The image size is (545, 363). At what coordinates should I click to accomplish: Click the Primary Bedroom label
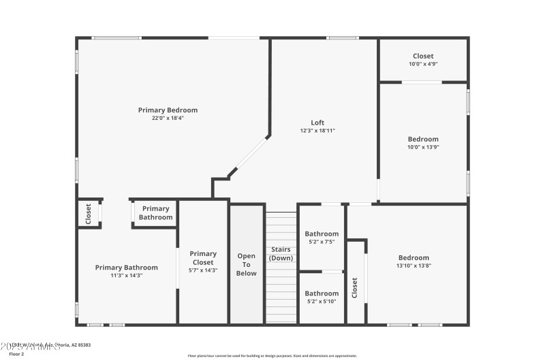168,110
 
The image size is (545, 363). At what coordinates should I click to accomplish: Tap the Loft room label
317,123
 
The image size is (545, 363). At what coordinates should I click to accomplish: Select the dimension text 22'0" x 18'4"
168,119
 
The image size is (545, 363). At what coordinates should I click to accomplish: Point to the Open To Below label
247,265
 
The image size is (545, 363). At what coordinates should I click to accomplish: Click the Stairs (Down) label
281,254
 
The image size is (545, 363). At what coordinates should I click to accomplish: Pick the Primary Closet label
203,258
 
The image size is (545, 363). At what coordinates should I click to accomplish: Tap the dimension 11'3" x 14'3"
127,276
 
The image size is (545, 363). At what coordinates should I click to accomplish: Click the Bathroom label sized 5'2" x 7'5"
322,234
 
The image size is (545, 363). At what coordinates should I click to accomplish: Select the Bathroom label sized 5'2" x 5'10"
322,294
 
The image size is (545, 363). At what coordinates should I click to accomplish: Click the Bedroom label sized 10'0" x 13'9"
423,139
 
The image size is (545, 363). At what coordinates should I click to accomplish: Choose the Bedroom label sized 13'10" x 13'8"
414,257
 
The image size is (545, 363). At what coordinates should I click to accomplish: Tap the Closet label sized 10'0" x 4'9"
423,56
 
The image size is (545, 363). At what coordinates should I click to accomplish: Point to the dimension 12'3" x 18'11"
317,131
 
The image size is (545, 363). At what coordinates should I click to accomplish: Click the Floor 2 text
17,354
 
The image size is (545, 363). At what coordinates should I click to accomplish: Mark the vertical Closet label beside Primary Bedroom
89,214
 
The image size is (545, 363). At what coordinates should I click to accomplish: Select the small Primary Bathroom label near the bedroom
156,213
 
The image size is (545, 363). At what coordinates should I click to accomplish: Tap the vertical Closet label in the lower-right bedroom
354,287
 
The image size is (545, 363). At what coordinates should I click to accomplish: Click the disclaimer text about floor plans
272,356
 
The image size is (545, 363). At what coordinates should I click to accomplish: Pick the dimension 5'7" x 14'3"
203,270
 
